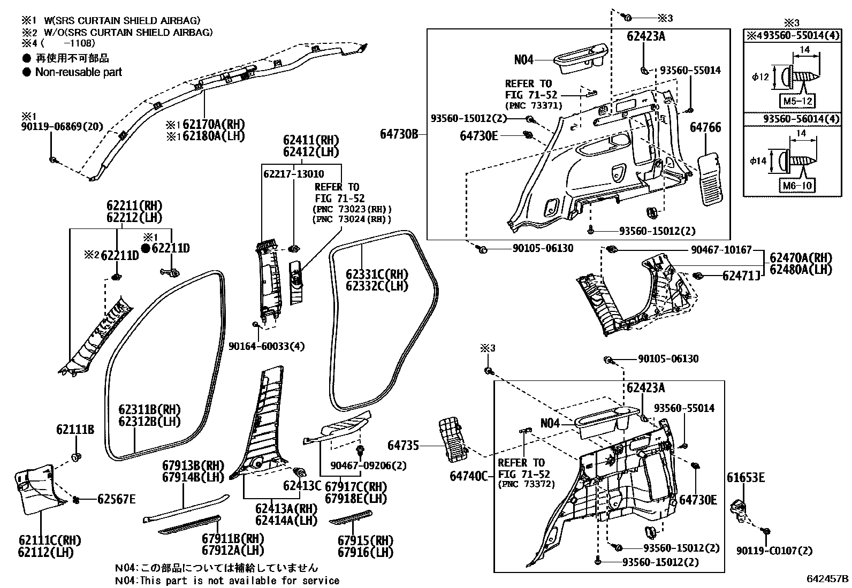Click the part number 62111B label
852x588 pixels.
pos(75,429)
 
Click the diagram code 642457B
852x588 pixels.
pos(828,579)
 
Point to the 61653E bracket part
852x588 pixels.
pos(740,508)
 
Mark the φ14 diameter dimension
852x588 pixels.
pos(758,161)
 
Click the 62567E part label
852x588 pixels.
pos(116,499)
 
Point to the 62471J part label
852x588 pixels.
pos(741,276)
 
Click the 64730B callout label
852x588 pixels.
pos(399,134)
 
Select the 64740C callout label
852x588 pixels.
pos(469,476)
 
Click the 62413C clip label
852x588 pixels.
pos(302,485)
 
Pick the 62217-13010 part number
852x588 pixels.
pos(293,174)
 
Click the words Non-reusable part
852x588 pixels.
pos(78,72)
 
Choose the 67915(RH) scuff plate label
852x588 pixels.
pos(365,540)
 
